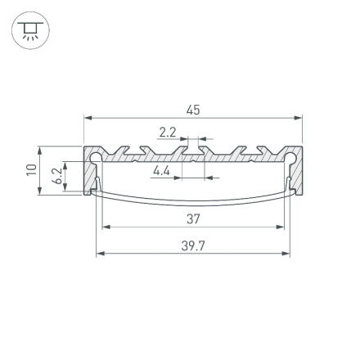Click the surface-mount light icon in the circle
(x=30, y=31)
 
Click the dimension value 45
(x=193, y=110)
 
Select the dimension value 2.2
(x=168, y=131)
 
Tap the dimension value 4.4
(x=161, y=170)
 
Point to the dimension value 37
(x=193, y=219)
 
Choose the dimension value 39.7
(x=193, y=245)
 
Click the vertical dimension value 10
(x=31, y=170)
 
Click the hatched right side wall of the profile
(x=298, y=176)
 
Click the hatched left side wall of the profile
(x=88, y=176)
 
